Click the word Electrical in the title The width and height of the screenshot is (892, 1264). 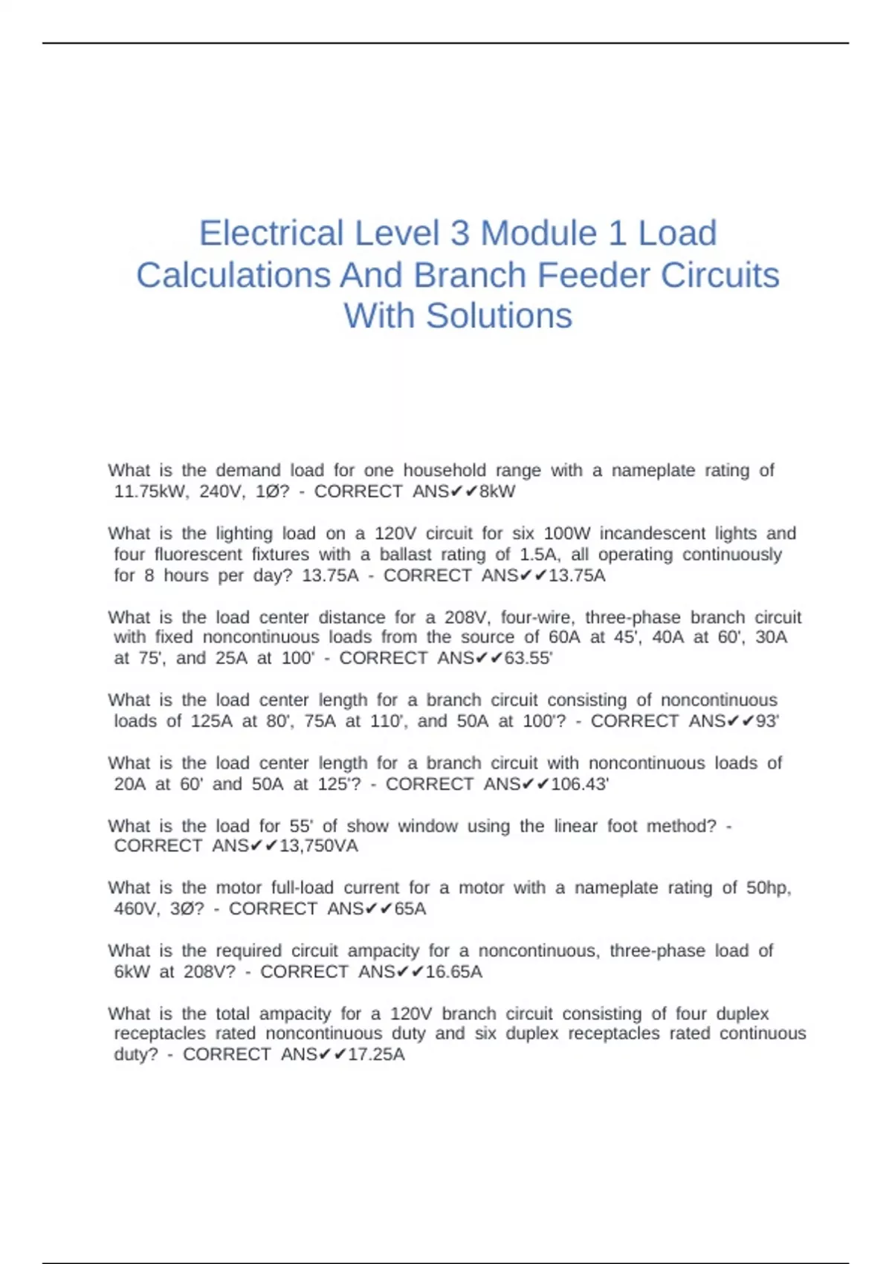click(x=271, y=233)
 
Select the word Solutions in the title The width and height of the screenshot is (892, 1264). click(x=499, y=316)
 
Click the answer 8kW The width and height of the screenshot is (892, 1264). click(x=497, y=491)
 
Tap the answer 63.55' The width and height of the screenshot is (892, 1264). click(x=528, y=658)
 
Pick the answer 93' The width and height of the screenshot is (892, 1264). click(x=767, y=721)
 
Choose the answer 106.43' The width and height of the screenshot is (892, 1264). click(x=580, y=784)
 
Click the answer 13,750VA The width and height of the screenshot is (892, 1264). click(x=318, y=846)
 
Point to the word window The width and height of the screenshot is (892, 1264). click(x=427, y=826)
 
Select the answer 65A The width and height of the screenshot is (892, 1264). click(x=410, y=909)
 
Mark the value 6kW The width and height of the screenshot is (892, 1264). click(x=132, y=972)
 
